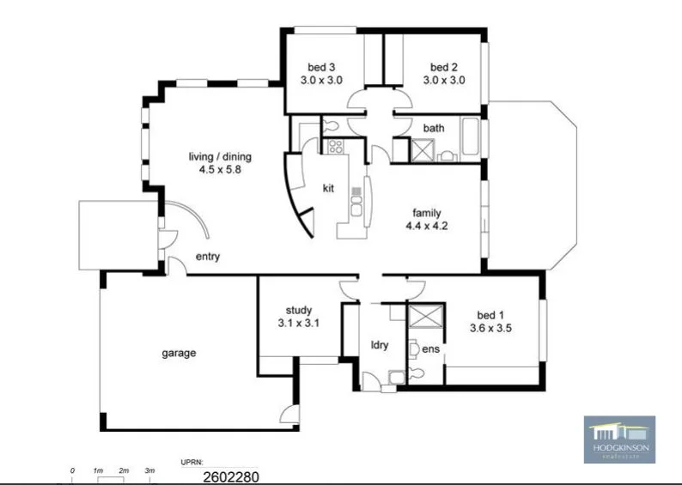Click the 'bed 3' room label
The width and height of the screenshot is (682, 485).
tap(321, 67)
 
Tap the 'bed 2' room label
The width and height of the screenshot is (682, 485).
tap(443, 67)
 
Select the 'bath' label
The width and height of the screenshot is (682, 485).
tap(434, 129)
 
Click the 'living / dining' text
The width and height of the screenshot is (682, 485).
tap(220, 156)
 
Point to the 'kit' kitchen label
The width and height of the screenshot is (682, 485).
tap(328, 188)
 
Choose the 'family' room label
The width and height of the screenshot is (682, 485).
tap(427, 213)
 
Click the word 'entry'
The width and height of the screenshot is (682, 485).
tap(208, 257)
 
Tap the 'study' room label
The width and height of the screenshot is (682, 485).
tap(298, 310)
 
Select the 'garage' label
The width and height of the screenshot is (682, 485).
tap(180, 353)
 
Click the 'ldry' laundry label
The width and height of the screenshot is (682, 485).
tap(380, 345)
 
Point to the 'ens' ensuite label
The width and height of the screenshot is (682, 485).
tap(429, 349)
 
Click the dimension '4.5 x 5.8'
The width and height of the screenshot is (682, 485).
tap(220, 169)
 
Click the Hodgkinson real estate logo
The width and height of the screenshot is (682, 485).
tap(619, 440)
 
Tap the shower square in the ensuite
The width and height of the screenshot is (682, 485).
tap(427, 316)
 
